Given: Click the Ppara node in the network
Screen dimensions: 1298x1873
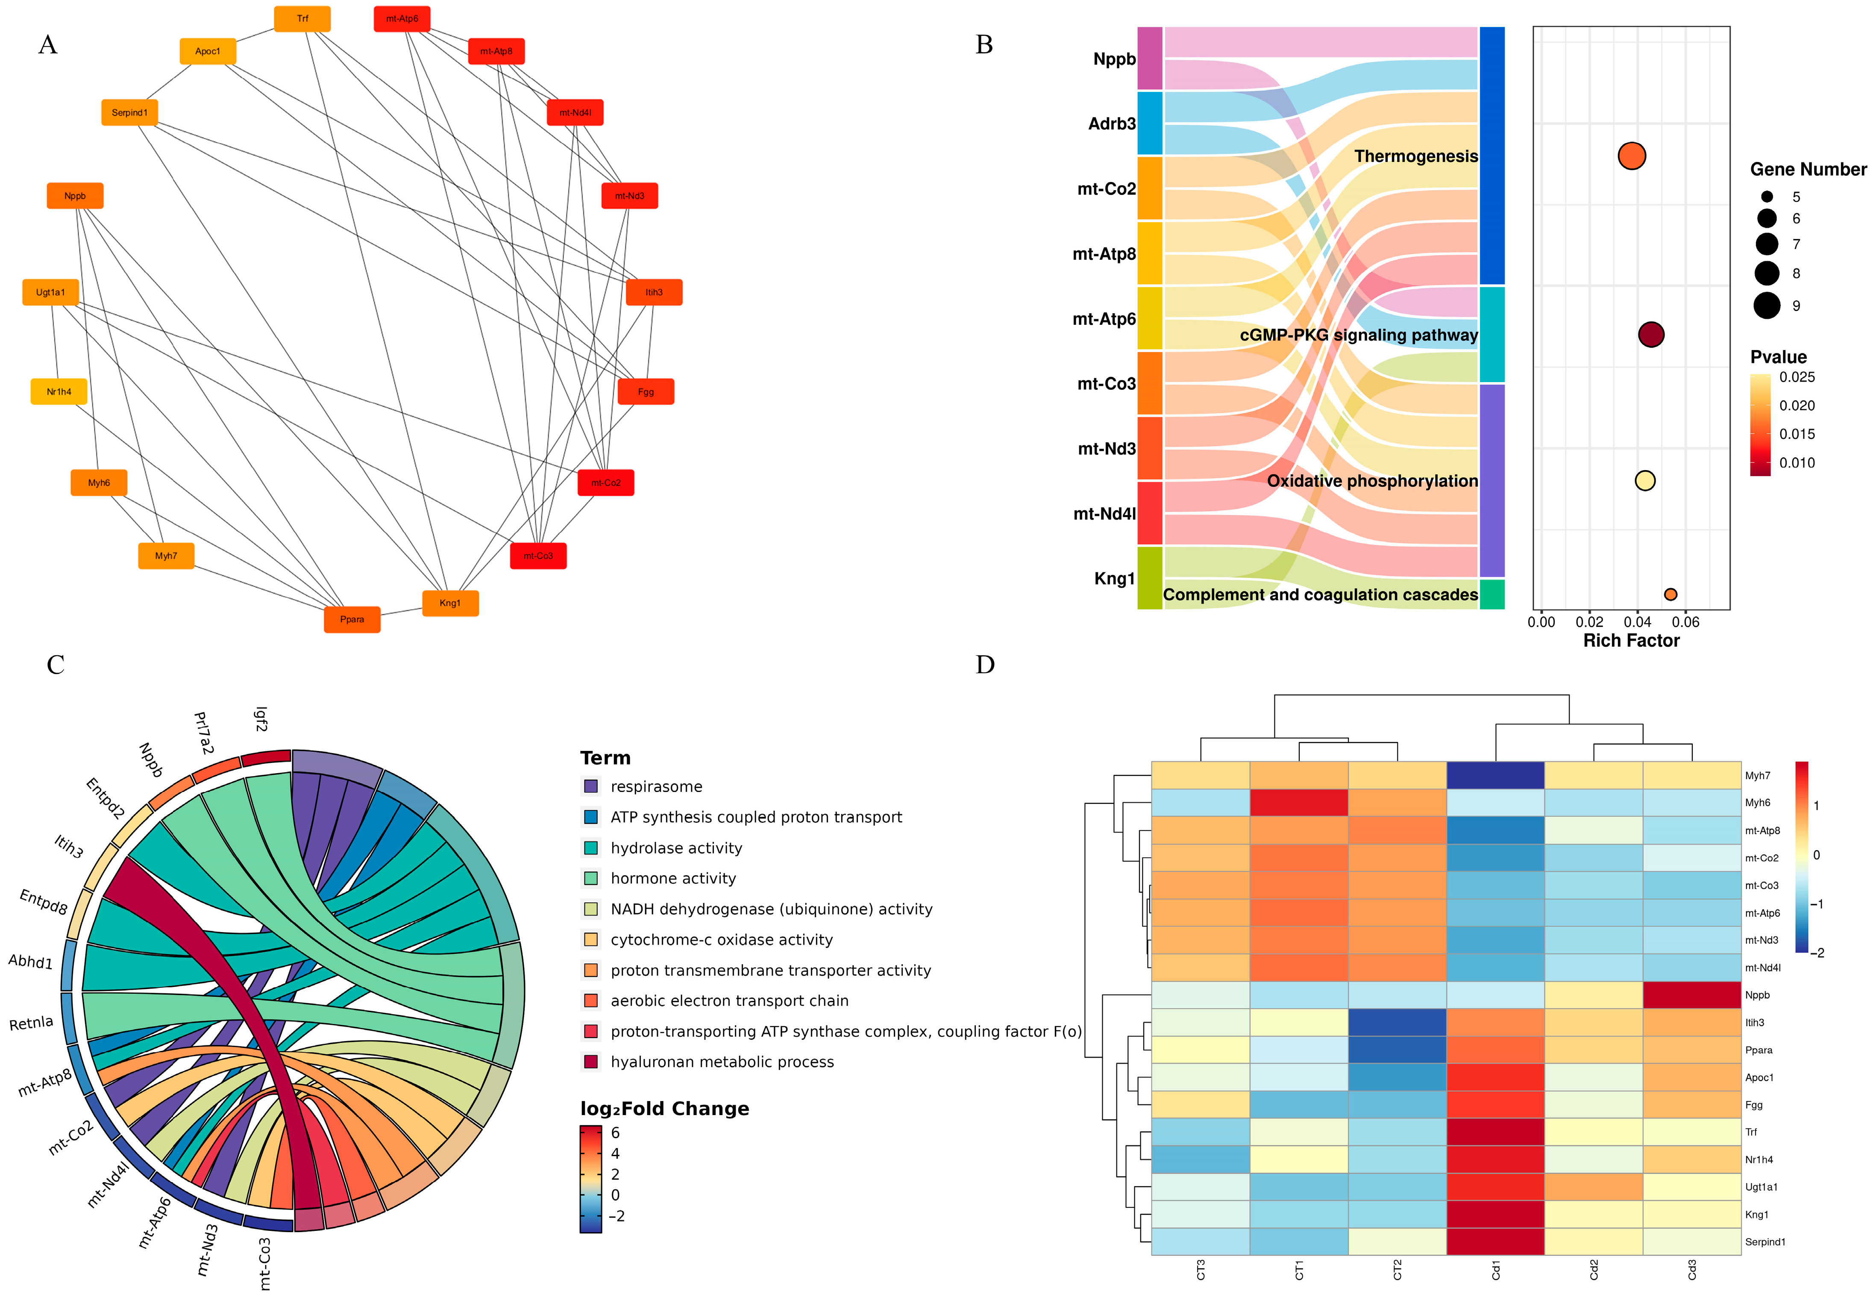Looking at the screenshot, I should pos(352,620).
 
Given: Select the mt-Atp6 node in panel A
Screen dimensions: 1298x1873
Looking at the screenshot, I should pos(402,19).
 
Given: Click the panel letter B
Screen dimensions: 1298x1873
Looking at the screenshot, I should pos(983,45).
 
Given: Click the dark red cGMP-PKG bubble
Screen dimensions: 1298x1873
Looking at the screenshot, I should pos(1650,334).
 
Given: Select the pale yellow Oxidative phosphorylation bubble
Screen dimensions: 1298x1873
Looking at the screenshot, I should pos(1644,481).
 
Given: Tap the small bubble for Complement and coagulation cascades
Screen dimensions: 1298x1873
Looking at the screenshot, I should pos(1670,595).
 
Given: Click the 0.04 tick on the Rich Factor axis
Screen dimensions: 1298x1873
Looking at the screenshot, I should pos(1637,622).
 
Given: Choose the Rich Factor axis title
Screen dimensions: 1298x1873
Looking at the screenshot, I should pos(1631,641).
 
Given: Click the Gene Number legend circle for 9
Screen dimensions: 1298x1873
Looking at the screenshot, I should pos(1767,306).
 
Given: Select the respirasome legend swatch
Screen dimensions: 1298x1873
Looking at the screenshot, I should pos(591,786).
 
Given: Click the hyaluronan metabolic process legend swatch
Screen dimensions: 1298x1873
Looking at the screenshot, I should pos(591,1062).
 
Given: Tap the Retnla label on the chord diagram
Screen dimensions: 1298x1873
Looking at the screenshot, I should pos(31,1023).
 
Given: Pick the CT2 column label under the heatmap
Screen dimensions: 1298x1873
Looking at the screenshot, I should pos(1397,1269).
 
